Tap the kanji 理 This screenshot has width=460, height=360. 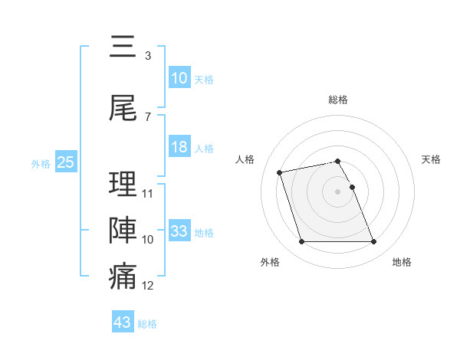pos(123,184)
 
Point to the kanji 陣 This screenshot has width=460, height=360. pos(123,230)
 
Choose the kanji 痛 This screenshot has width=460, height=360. pos(123,277)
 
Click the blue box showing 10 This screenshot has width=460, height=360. pos(179,78)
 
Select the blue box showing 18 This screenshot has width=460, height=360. pos(179,147)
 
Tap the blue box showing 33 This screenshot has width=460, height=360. pos(179,231)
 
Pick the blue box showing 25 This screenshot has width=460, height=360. pos(65,162)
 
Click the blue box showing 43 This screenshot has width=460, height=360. pos(123,322)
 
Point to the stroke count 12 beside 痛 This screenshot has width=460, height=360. pos(148,286)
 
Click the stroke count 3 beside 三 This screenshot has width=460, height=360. pos(147,56)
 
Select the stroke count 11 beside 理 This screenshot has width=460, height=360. pos(148,194)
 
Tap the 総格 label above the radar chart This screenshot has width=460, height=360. pos(338,100)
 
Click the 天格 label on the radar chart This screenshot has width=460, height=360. pos(432,159)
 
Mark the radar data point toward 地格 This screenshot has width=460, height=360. pos(374,242)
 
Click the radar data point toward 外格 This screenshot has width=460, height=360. pos(301,242)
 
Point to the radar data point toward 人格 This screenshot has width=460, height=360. pos(280,172)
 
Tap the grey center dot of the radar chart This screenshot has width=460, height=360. pos(338,191)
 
